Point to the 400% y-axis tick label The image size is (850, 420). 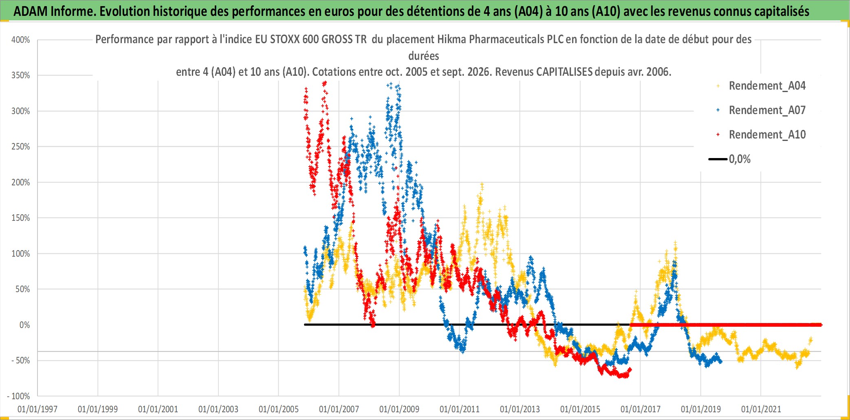point(21,40)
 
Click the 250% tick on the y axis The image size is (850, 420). point(21,147)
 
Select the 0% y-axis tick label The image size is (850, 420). point(24,325)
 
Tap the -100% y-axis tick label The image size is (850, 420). point(19,396)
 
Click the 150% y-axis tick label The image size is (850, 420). point(21,218)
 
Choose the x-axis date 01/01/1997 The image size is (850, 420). point(37,409)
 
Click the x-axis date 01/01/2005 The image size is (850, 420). point(279,409)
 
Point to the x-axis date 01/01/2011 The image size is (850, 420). point(460,409)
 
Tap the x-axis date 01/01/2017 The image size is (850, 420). point(641,409)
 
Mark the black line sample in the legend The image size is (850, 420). point(718,159)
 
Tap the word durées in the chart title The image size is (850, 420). point(424,56)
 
